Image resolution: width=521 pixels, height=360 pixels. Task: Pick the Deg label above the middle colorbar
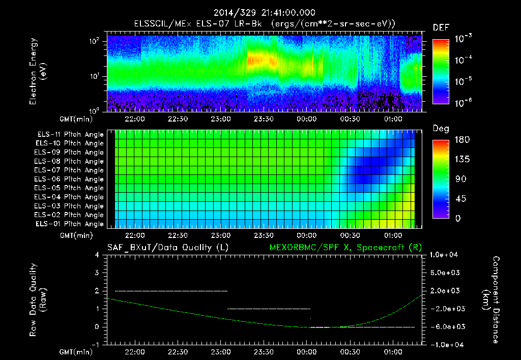441,129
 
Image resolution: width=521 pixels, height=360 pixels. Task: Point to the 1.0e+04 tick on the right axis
446,255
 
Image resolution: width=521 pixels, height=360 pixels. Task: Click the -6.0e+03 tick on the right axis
446,326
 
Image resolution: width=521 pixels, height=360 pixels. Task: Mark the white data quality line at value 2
171,291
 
